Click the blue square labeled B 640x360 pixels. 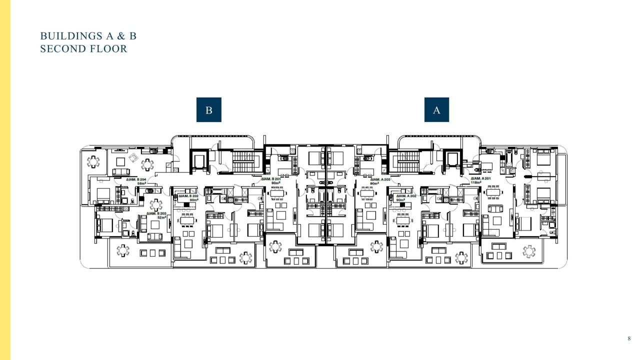tap(208, 110)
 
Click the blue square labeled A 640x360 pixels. tap(436, 110)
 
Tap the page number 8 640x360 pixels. tap(629, 338)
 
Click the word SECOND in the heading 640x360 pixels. tap(62, 49)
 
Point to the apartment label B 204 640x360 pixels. tap(136, 179)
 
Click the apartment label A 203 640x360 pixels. tap(380, 179)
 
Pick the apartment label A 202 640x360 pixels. tap(406, 196)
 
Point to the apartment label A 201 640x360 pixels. tap(480, 178)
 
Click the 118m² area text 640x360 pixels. tap(476, 183)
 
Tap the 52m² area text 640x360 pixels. tap(161, 217)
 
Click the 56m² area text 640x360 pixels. tap(141, 183)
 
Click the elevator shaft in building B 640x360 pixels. tap(198, 161)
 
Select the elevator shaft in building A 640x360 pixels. tap(453, 161)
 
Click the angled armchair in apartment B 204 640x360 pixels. tap(133, 157)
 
